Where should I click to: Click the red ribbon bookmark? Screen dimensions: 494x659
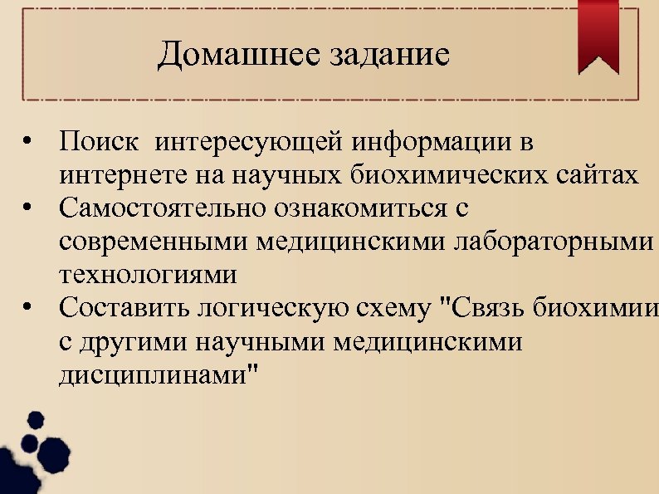coord(598,34)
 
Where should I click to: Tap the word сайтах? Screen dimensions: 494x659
coord(597,175)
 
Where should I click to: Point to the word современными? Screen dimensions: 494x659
coord(154,242)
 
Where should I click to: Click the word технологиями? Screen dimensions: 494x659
coord(148,274)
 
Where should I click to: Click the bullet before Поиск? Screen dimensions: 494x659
coord(28,144)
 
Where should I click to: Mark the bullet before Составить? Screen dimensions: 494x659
coord(28,309)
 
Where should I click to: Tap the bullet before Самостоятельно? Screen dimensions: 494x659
coord(28,209)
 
